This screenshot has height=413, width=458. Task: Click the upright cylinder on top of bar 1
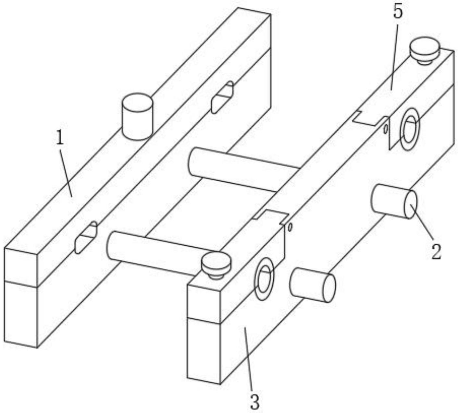[137, 117]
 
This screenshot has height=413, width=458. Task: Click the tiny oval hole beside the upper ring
[385, 129]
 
